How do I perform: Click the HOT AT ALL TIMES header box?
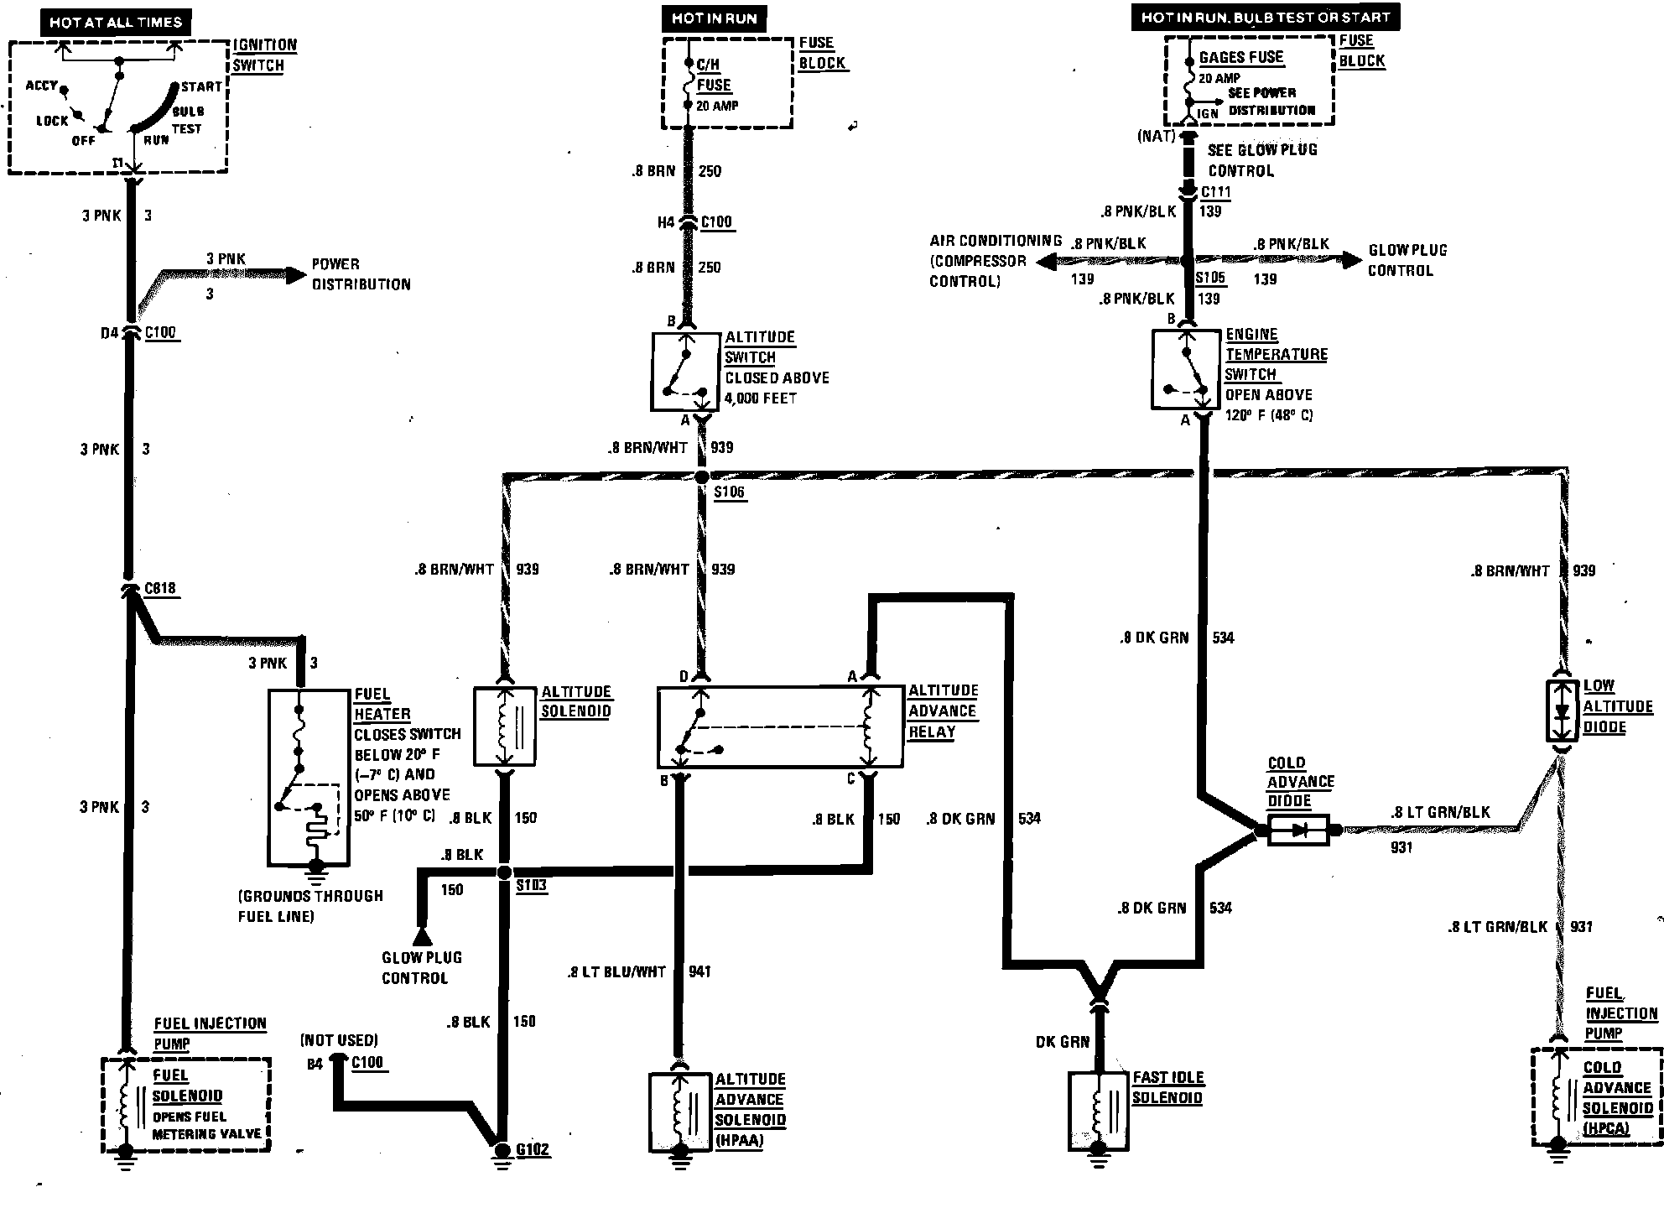point(115,23)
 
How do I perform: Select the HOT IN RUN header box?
point(714,18)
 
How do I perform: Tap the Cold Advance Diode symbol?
point(1298,830)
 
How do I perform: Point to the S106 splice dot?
point(702,476)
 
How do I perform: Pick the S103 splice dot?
point(504,872)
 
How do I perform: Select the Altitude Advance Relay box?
point(780,727)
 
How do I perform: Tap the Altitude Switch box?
point(685,372)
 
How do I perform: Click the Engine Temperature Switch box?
point(1185,371)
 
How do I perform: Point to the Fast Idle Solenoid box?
point(1099,1111)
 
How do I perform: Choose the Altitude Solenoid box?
point(504,726)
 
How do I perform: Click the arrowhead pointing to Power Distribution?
point(295,274)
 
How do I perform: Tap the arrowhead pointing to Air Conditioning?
point(1045,262)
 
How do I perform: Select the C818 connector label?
point(160,588)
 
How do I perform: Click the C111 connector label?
point(1215,192)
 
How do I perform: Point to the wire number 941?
point(699,971)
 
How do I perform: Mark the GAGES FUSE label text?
point(1240,57)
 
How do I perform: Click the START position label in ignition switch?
point(201,86)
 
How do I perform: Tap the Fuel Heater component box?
point(308,778)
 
